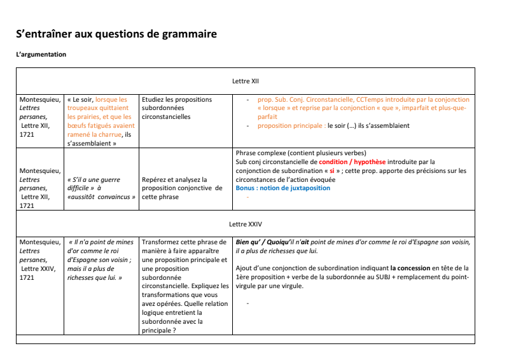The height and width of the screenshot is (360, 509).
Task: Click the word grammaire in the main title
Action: [185, 34]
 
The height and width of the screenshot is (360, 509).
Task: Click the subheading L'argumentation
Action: [41, 55]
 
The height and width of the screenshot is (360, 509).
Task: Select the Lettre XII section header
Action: [246, 81]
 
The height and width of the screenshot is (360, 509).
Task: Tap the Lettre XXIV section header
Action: [246, 225]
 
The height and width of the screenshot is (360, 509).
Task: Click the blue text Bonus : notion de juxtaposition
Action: [283, 188]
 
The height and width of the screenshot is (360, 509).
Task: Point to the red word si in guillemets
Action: [331, 171]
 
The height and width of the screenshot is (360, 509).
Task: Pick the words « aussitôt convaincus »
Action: [101, 197]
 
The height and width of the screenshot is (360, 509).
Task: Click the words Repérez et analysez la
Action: [174, 180]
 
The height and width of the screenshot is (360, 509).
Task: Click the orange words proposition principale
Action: [291, 126]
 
